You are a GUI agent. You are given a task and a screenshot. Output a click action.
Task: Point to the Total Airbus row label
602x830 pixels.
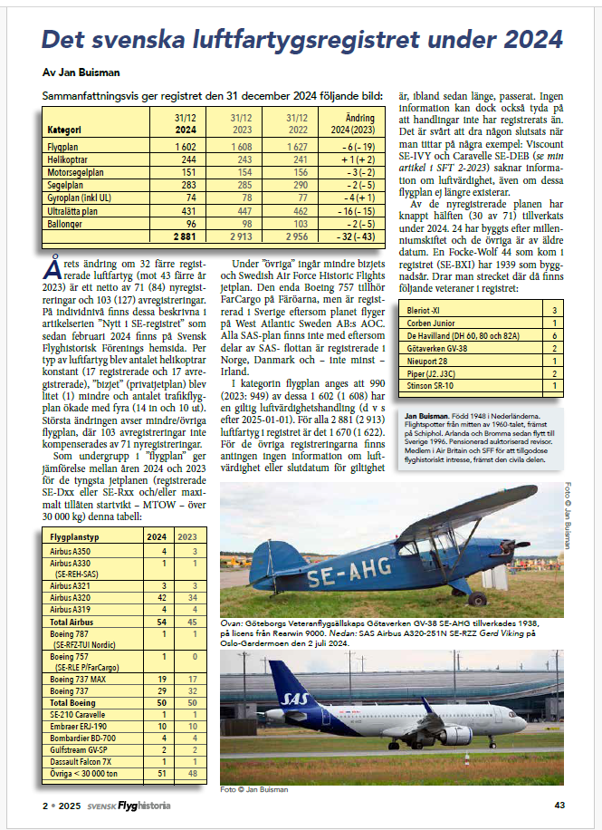[71, 623]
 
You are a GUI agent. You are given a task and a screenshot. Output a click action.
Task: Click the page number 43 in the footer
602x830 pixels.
[559, 805]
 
